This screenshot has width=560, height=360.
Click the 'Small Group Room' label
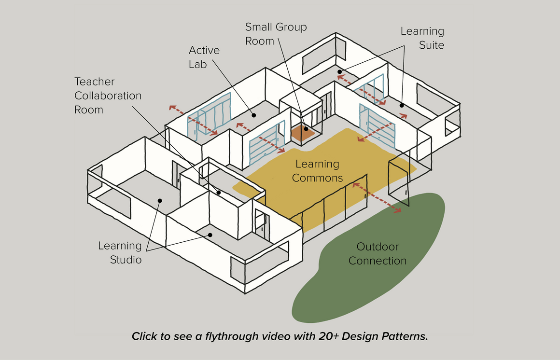pyautogui.click(x=276, y=34)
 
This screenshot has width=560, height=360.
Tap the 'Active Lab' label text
pyautogui.click(x=204, y=57)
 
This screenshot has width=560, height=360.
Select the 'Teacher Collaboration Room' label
pyautogui.click(x=108, y=96)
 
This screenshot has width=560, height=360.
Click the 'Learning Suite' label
pyautogui.click(x=422, y=38)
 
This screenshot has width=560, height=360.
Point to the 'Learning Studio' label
pyautogui.click(x=120, y=252)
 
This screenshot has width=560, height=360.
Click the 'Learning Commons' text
pyautogui.click(x=317, y=171)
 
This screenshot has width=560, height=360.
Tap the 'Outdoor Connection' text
pyautogui.click(x=378, y=254)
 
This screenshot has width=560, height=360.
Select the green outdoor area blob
pyautogui.click(x=367, y=285)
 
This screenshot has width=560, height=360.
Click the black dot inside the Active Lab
pyautogui.click(x=254, y=115)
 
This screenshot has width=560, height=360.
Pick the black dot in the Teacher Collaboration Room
pyautogui.click(x=219, y=193)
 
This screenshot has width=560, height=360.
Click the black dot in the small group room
pyautogui.click(x=306, y=129)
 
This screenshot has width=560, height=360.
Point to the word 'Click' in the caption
pyautogui.click(x=144, y=336)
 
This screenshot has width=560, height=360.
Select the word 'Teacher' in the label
pyautogui.click(x=95, y=82)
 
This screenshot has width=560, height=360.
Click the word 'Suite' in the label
pyautogui.click(x=431, y=45)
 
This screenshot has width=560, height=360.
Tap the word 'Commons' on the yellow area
pyautogui.click(x=317, y=178)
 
